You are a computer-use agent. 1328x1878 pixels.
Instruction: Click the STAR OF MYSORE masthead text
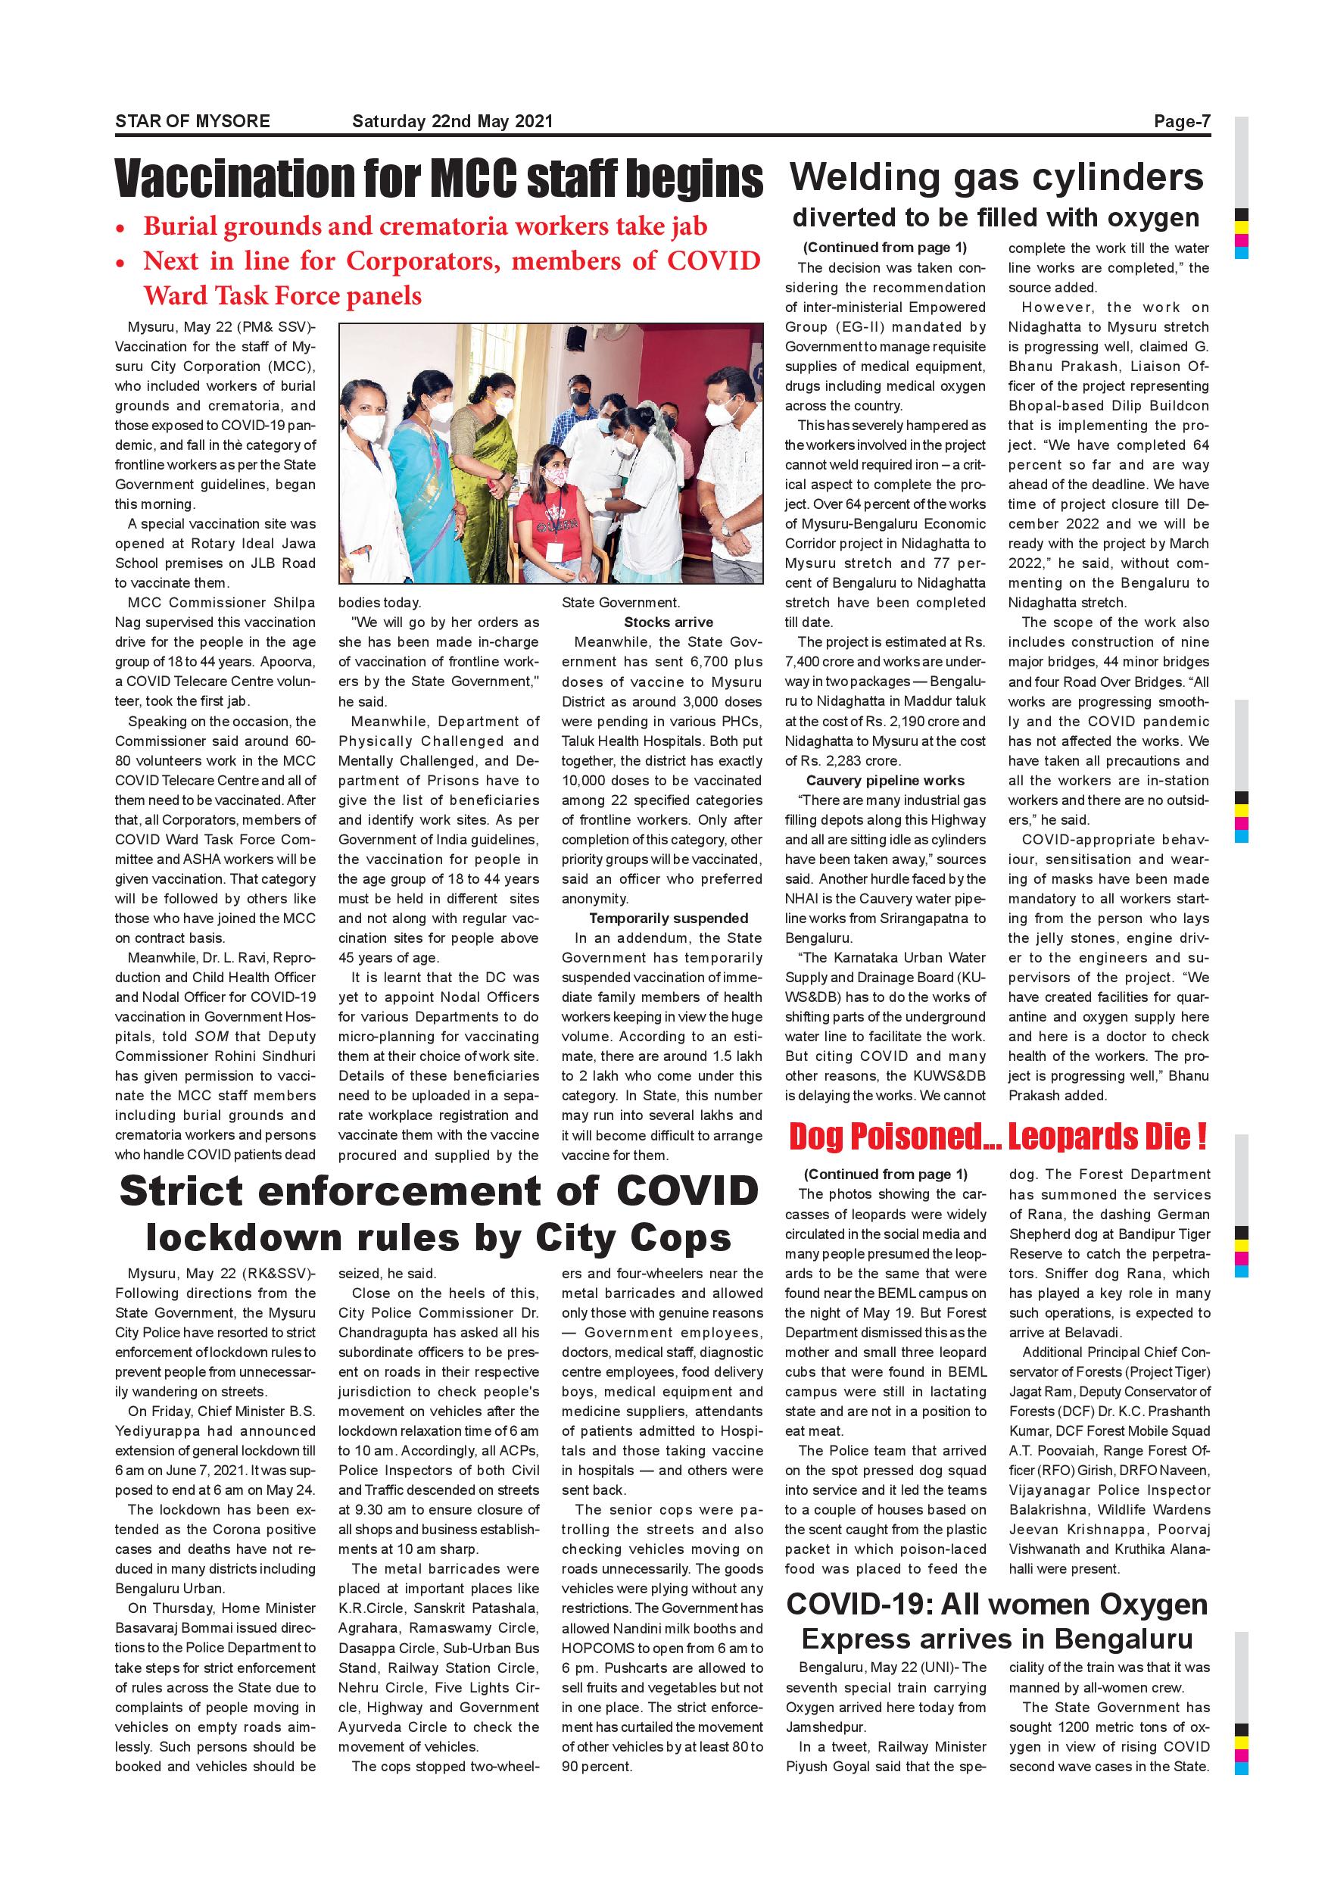coord(192,121)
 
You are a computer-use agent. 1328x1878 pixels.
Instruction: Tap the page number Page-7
coord(1182,121)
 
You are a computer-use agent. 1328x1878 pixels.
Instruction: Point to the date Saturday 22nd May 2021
coord(452,121)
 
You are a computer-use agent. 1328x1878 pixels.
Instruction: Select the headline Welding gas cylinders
coord(997,176)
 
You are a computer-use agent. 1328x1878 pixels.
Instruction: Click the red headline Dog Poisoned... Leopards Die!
coord(998,1137)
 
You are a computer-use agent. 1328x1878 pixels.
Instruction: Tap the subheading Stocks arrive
coord(668,622)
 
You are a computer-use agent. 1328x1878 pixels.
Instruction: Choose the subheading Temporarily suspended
coord(668,918)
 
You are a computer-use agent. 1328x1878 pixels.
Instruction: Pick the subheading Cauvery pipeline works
coord(885,780)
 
